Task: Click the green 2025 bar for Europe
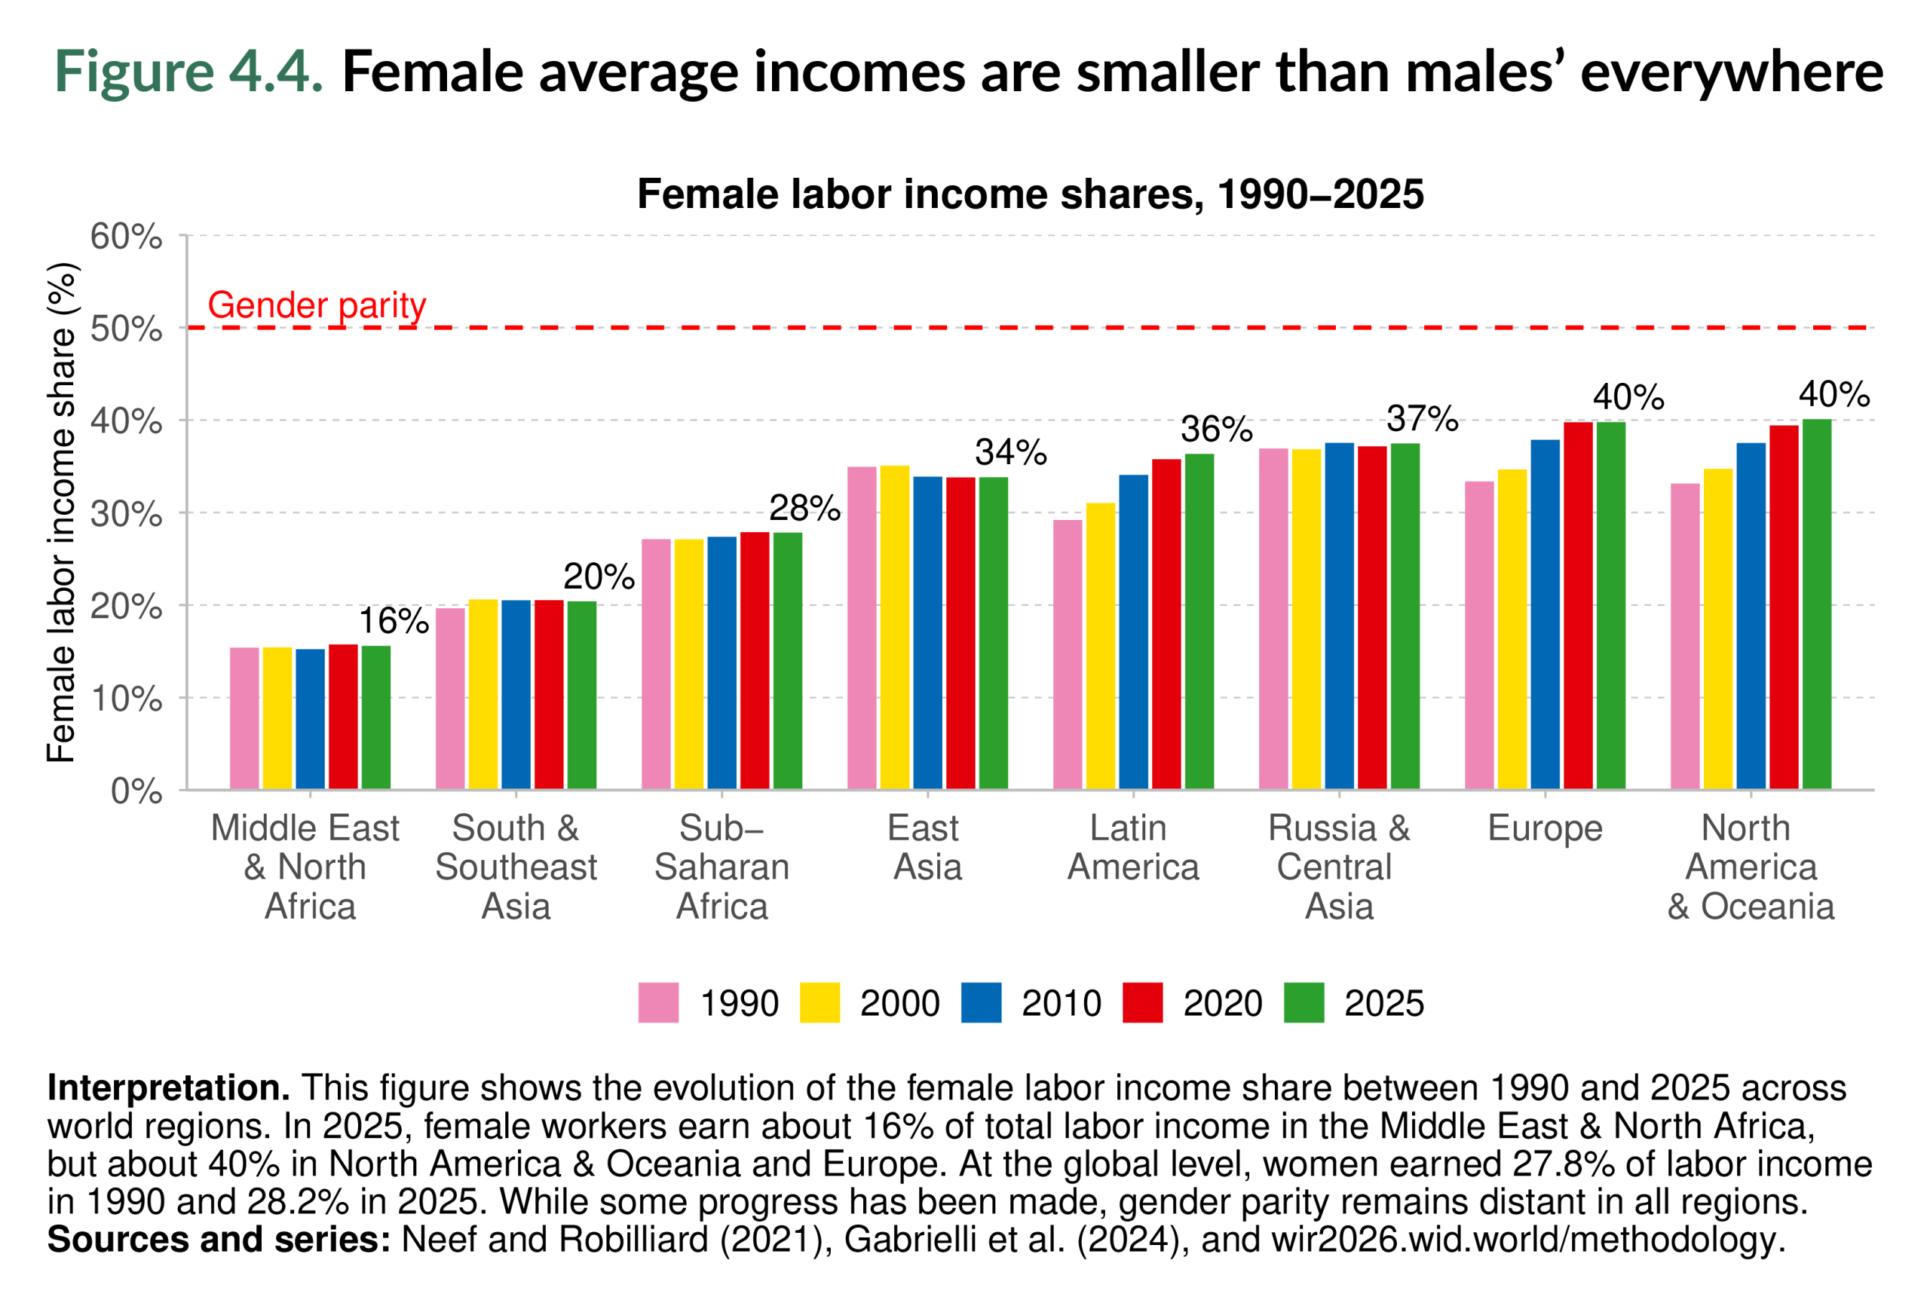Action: pos(1610,605)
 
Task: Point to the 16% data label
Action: pos(393,621)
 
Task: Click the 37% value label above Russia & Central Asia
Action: pos(1422,418)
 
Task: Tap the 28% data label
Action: pos(804,508)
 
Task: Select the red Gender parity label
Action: pos(317,305)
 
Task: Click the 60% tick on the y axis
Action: pos(126,237)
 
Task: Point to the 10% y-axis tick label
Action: pos(126,699)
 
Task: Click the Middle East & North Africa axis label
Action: pos(306,867)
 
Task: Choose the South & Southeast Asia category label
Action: pos(516,867)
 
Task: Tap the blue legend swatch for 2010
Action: pos(981,1002)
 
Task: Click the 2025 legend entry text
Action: pos(1383,1003)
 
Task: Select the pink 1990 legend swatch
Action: pos(657,1002)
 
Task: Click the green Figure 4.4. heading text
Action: pos(188,72)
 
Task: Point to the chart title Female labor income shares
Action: pos(1030,194)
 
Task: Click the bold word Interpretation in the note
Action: pos(169,1087)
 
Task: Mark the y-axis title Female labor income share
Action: pos(63,512)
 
